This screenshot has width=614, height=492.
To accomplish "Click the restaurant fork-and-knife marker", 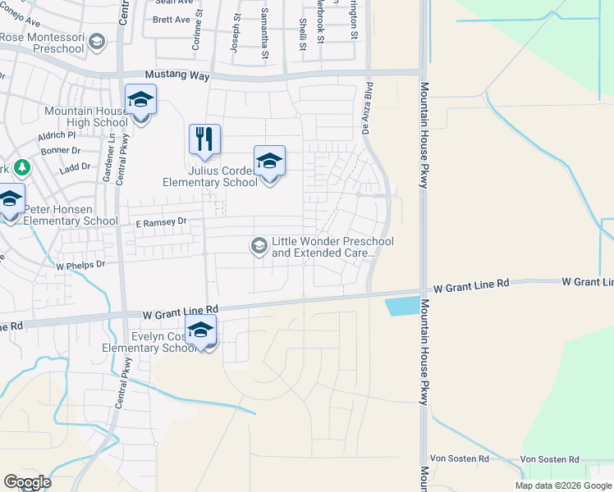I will point(204,139).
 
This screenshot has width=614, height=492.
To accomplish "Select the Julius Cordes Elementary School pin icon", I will point(268,162).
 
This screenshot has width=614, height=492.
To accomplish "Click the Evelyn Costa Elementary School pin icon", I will point(199,330).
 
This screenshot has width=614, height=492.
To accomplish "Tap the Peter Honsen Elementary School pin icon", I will point(11,200).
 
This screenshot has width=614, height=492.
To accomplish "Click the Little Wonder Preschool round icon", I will point(259,245).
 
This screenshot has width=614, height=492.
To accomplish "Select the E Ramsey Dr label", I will point(161,221).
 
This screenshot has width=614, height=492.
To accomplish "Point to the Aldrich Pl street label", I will point(57,134).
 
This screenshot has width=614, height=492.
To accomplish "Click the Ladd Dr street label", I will point(75,166).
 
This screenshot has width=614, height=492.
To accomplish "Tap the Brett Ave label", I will point(171,19).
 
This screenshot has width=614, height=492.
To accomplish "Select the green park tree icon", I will point(22,169).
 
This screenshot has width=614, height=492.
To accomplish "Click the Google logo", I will point(27,481).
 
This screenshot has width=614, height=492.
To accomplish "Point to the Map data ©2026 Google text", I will point(562,485).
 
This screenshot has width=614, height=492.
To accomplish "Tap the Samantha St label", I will point(265,45).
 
